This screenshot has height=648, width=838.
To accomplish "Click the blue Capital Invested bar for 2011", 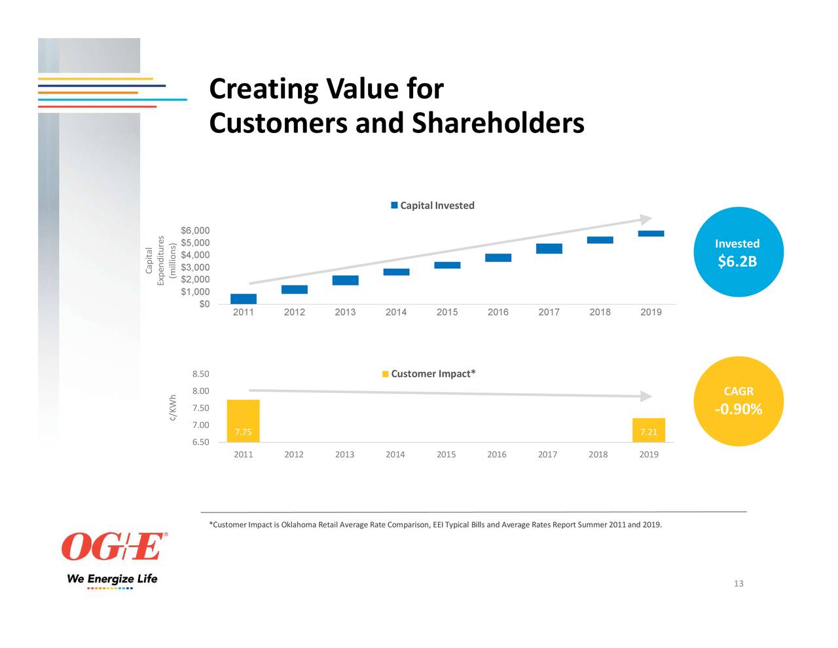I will coord(244,299).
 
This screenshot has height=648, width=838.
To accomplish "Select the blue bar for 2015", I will coord(447,265).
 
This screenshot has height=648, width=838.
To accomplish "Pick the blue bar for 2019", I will coord(651,233).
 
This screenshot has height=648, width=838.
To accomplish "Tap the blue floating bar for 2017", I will coord(549,248).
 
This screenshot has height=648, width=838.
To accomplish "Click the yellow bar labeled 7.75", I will coord(244,421).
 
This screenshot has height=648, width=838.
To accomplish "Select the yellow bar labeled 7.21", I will coord(649,430).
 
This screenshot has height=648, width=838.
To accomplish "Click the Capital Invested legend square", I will coord(394,206).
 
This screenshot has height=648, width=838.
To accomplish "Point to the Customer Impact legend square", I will coord(386,374).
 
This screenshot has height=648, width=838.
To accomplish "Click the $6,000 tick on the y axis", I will coord(195,231).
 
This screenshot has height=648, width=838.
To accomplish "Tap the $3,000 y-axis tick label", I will coord(195,267).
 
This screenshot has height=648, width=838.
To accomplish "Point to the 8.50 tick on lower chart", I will coord(200,374).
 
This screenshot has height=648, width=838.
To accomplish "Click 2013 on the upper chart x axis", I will coord(345,313).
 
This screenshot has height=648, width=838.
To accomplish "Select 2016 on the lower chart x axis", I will coord(496,455).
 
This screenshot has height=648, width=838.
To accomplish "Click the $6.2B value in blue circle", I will coord(737,262).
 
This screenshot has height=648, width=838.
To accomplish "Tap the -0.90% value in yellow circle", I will coord(738,410).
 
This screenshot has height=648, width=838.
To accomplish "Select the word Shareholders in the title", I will coord(498,123).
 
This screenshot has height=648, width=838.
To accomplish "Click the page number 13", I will coord(738,584).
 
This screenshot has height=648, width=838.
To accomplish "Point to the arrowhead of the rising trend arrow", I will coord(646,219).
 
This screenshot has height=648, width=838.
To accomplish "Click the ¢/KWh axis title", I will coord(173,408).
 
